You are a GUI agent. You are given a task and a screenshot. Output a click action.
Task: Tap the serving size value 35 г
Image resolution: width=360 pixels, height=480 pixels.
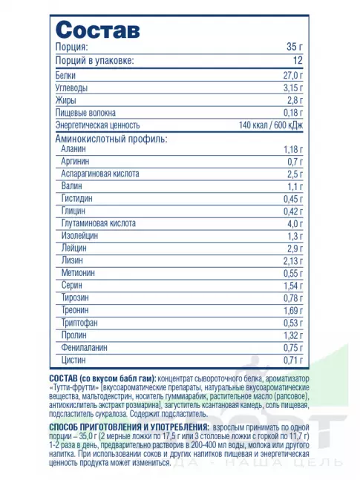coord(295,47)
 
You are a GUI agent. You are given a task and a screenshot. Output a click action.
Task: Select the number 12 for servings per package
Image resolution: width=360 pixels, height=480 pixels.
coord(298,61)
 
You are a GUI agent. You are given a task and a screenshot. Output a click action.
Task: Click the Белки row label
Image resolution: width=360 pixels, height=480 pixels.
coord(66,76)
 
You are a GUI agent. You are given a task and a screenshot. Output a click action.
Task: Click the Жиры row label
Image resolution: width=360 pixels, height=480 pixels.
coord(65,100)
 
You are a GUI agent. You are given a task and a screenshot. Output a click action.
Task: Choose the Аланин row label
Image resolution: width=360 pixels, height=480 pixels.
coord(76,150)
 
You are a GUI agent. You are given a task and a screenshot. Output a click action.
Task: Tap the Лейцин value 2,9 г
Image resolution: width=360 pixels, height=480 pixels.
coord(295,248)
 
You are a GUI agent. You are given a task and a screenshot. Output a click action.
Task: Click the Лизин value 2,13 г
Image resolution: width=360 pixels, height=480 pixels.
coord(294,260)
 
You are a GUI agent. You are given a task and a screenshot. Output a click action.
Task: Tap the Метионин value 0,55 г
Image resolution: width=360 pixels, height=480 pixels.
coord(294,273)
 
